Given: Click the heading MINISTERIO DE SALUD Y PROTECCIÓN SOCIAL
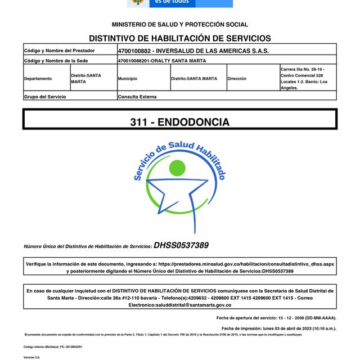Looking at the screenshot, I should pos(179,25).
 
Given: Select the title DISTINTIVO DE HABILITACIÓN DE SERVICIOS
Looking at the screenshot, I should pos(179,38).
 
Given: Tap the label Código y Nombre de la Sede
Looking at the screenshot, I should pos(57,60).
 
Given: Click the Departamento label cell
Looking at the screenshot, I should pos(38,79).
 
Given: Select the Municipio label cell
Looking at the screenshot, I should pos(128,79).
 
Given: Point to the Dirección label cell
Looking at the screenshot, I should pos(237,79).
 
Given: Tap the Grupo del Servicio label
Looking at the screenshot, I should pos(45,97).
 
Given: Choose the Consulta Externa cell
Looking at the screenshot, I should pos(137,97).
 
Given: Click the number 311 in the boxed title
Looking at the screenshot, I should pos(138,122).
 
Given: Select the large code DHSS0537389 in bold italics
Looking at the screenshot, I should pos(181,245).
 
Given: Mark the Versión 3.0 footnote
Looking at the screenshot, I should pos(31,357).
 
